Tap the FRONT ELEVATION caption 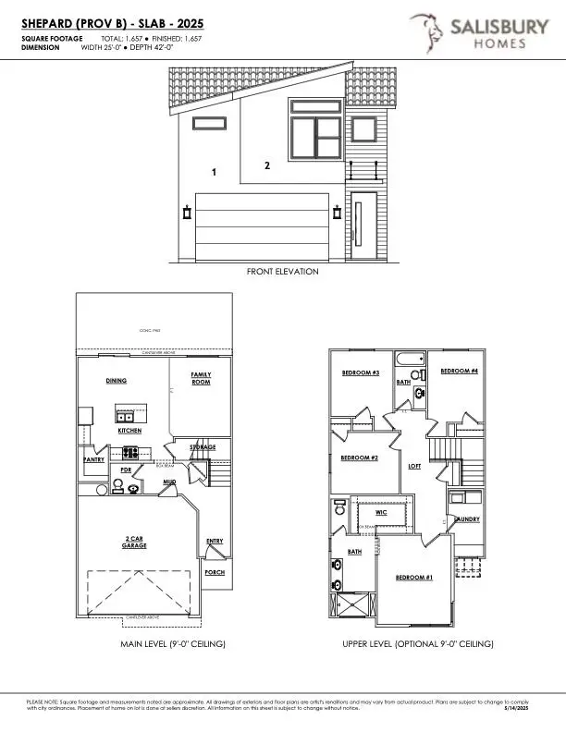(282, 272)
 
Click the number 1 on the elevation (214, 173)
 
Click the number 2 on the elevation (267, 166)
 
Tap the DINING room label (116, 381)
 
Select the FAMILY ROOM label (201, 378)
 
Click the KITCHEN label (129, 432)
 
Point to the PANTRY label (92, 458)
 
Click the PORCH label (214, 572)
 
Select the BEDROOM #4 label (459, 371)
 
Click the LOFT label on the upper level (415, 466)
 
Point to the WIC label (380, 511)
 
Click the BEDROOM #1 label (414, 578)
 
